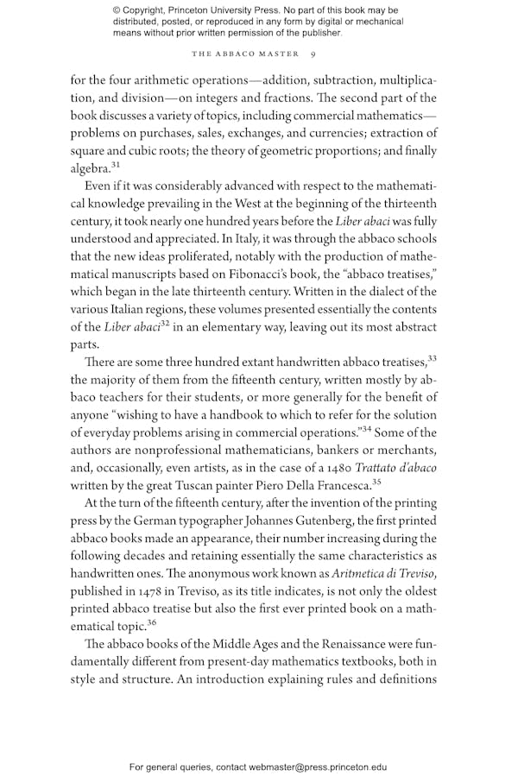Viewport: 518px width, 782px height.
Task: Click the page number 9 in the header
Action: (312, 54)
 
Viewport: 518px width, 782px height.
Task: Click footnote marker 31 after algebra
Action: (116, 164)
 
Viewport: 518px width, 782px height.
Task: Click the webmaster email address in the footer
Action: (318, 766)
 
